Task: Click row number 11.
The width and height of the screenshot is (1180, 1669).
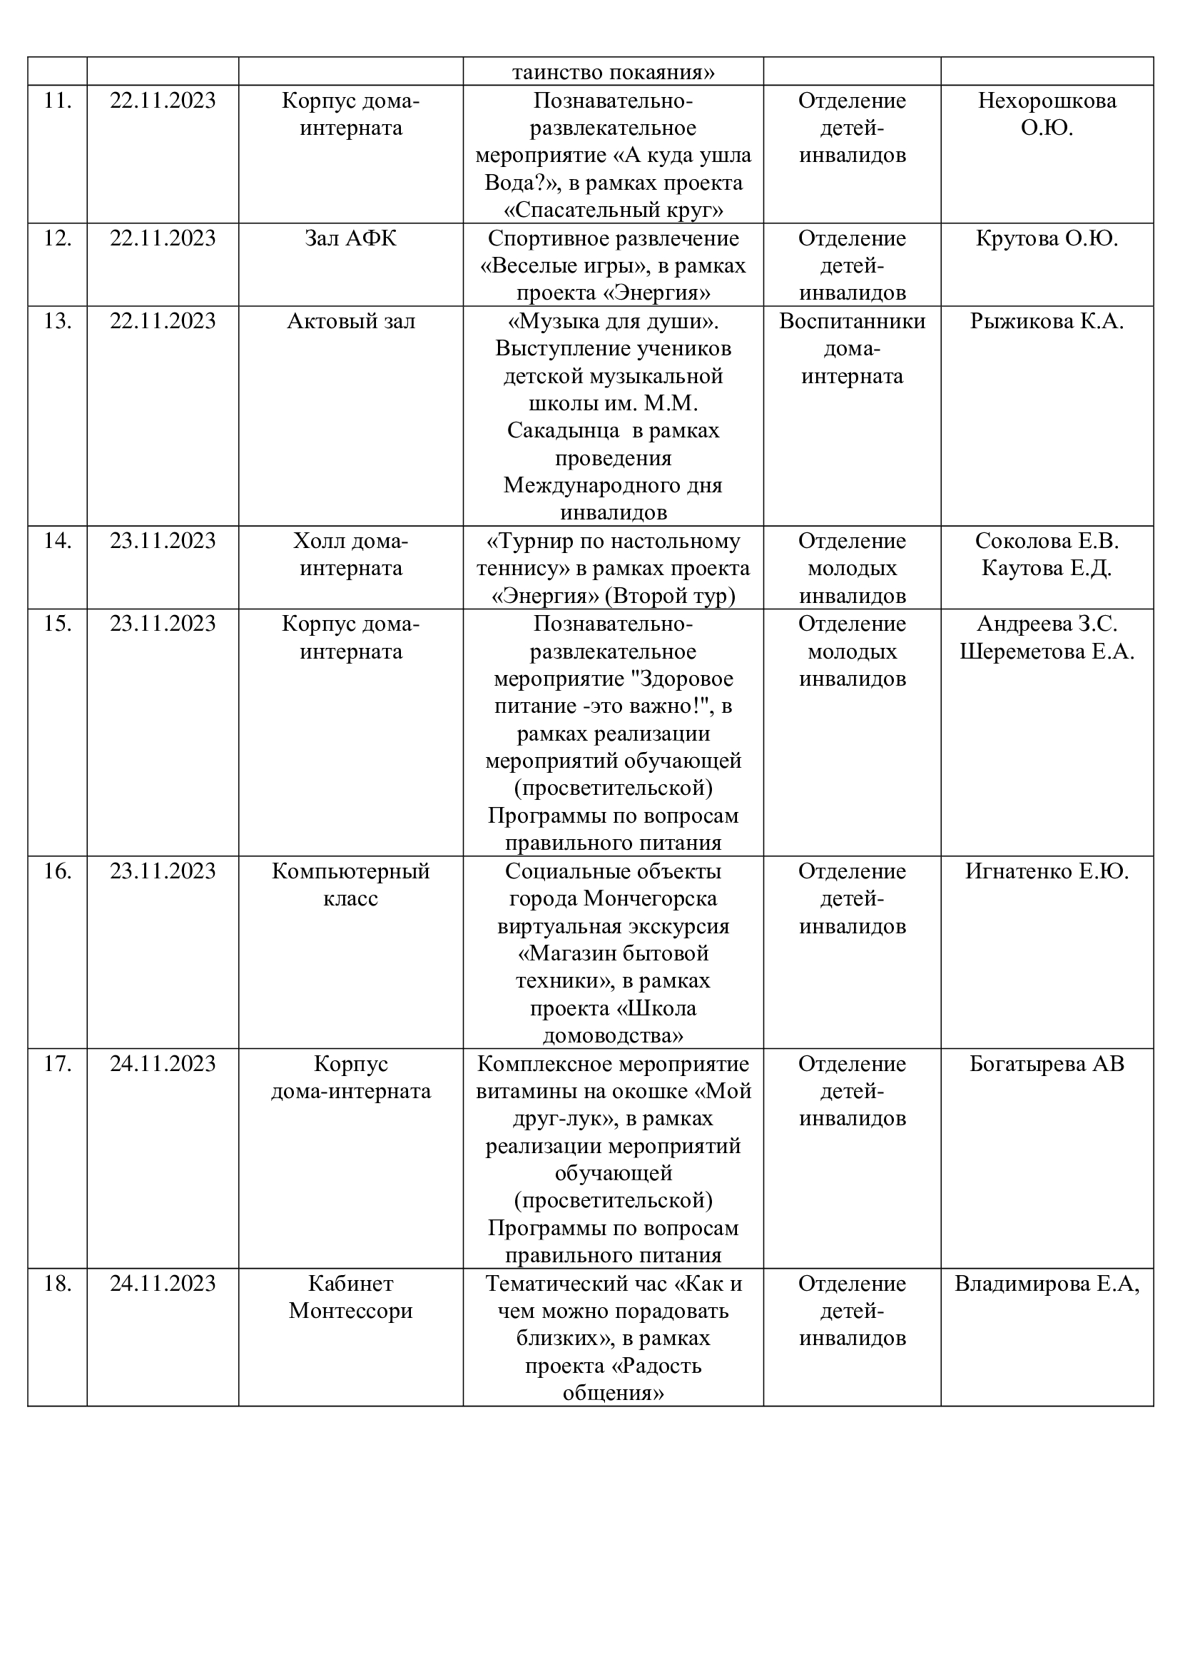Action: pos(57,101)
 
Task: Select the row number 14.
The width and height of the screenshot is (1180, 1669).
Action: pos(57,541)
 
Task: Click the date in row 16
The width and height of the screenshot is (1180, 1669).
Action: pos(163,871)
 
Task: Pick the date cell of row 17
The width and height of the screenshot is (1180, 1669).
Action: pos(163,1063)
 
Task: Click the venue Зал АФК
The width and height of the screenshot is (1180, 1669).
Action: pos(351,238)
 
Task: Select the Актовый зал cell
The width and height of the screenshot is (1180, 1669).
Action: pos(351,321)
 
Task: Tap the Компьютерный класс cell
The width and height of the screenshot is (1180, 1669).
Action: pos(351,885)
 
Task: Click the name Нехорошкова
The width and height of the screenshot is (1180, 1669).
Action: pos(1047,101)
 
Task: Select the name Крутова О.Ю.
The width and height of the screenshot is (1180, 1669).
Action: pos(1047,238)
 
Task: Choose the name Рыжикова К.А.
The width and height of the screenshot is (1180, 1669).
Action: pos(1047,321)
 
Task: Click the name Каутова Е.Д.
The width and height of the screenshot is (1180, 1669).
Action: pos(1047,569)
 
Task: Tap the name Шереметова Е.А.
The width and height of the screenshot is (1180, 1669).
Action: pos(1047,651)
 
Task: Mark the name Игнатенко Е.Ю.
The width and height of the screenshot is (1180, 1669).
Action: pos(1047,871)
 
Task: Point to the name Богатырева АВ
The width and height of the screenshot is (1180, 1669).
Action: pos(1047,1063)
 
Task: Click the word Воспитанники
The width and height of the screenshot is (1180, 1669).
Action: pos(853,321)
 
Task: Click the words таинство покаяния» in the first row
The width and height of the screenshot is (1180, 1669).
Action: pos(614,73)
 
